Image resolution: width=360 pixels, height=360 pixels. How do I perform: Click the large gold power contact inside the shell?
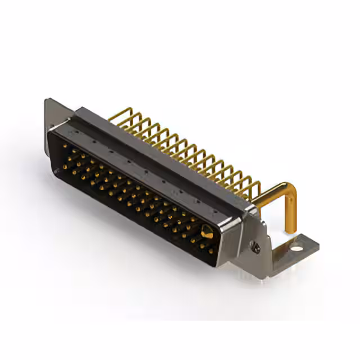(x=206, y=230)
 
